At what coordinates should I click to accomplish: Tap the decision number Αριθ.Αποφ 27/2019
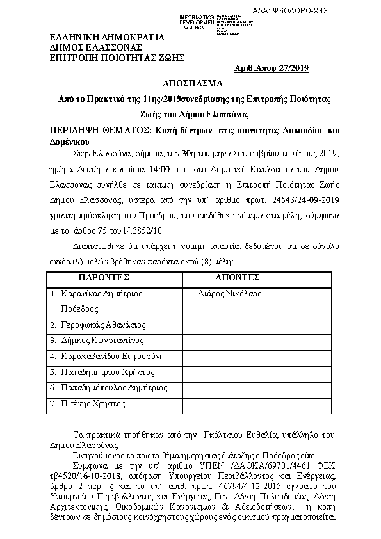pos(272,68)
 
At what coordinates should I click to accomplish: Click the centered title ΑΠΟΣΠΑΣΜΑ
pos(192,84)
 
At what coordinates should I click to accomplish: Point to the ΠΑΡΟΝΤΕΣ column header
pos(104,278)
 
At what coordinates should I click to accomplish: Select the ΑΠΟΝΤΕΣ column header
pos(238,278)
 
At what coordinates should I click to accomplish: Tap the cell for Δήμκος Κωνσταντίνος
pos(97,341)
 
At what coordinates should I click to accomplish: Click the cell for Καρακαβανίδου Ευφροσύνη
pos(108,356)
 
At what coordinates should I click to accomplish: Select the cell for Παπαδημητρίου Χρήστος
pos(103,372)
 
